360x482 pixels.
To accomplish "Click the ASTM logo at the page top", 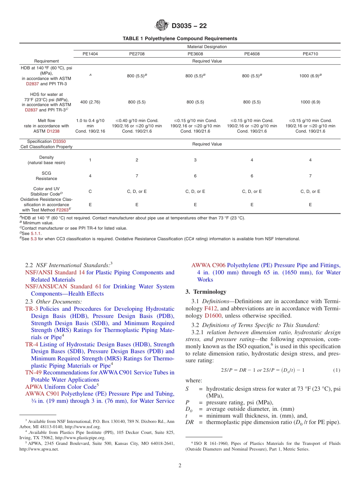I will click(x=162, y=25).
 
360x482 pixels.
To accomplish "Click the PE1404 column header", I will click(x=90, y=54).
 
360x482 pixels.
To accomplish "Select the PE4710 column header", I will click(x=310, y=54).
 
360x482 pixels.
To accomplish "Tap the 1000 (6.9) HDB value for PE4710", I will click(x=310, y=75).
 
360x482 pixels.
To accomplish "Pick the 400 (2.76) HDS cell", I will click(x=90, y=102).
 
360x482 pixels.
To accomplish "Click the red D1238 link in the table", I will click(x=53, y=131).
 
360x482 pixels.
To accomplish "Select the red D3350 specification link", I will click(x=59, y=141).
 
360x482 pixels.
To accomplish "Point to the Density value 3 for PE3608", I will click(x=195, y=160).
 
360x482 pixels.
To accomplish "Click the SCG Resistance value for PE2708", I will click(x=137, y=176).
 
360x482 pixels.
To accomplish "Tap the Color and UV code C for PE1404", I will click(x=90, y=191).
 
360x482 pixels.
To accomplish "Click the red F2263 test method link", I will click(x=62, y=210).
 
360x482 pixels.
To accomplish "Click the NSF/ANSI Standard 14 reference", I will click(x=55, y=272).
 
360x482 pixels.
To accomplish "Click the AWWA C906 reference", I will click(x=208, y=265).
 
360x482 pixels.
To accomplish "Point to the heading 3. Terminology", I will click(x=206, y=292).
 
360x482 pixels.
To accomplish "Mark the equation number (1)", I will click(x=337, y=370).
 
